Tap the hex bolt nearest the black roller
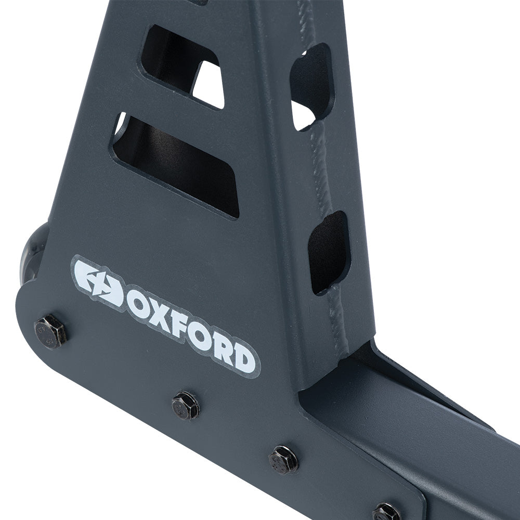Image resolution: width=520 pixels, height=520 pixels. [x=50, y=331]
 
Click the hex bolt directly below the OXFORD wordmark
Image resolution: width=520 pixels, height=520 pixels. [x=186, y=405]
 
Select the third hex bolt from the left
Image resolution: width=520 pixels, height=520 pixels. [x=283, y=460]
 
